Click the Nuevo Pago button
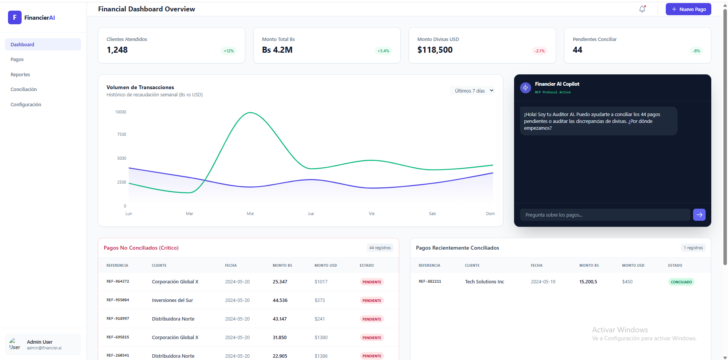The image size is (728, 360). tap(688, 9)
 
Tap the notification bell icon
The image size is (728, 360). tap(642, 9)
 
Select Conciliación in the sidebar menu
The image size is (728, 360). tap(24, 90)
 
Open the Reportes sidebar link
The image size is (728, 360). tap(20, 75)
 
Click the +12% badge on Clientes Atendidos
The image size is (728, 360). tap(229, 51)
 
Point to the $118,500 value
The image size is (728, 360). tap(435, 50)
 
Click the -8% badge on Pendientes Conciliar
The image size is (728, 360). tap(697, 51)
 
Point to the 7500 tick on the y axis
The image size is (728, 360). tap(121, 134)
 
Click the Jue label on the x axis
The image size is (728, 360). tap(311, 214)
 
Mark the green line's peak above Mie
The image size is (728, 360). tap(250, 113)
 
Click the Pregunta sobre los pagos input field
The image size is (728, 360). tap(605, 215)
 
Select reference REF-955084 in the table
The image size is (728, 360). tap(118, 300)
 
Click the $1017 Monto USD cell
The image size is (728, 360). tap(321, 282)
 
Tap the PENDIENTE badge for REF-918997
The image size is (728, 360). tap(371, 319)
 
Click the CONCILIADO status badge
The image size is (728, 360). tap(681, 282)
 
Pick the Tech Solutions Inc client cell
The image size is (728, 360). tap(484, 282)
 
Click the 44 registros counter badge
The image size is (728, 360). tap(380, 248)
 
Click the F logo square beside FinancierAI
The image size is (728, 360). tap(14, 17)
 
